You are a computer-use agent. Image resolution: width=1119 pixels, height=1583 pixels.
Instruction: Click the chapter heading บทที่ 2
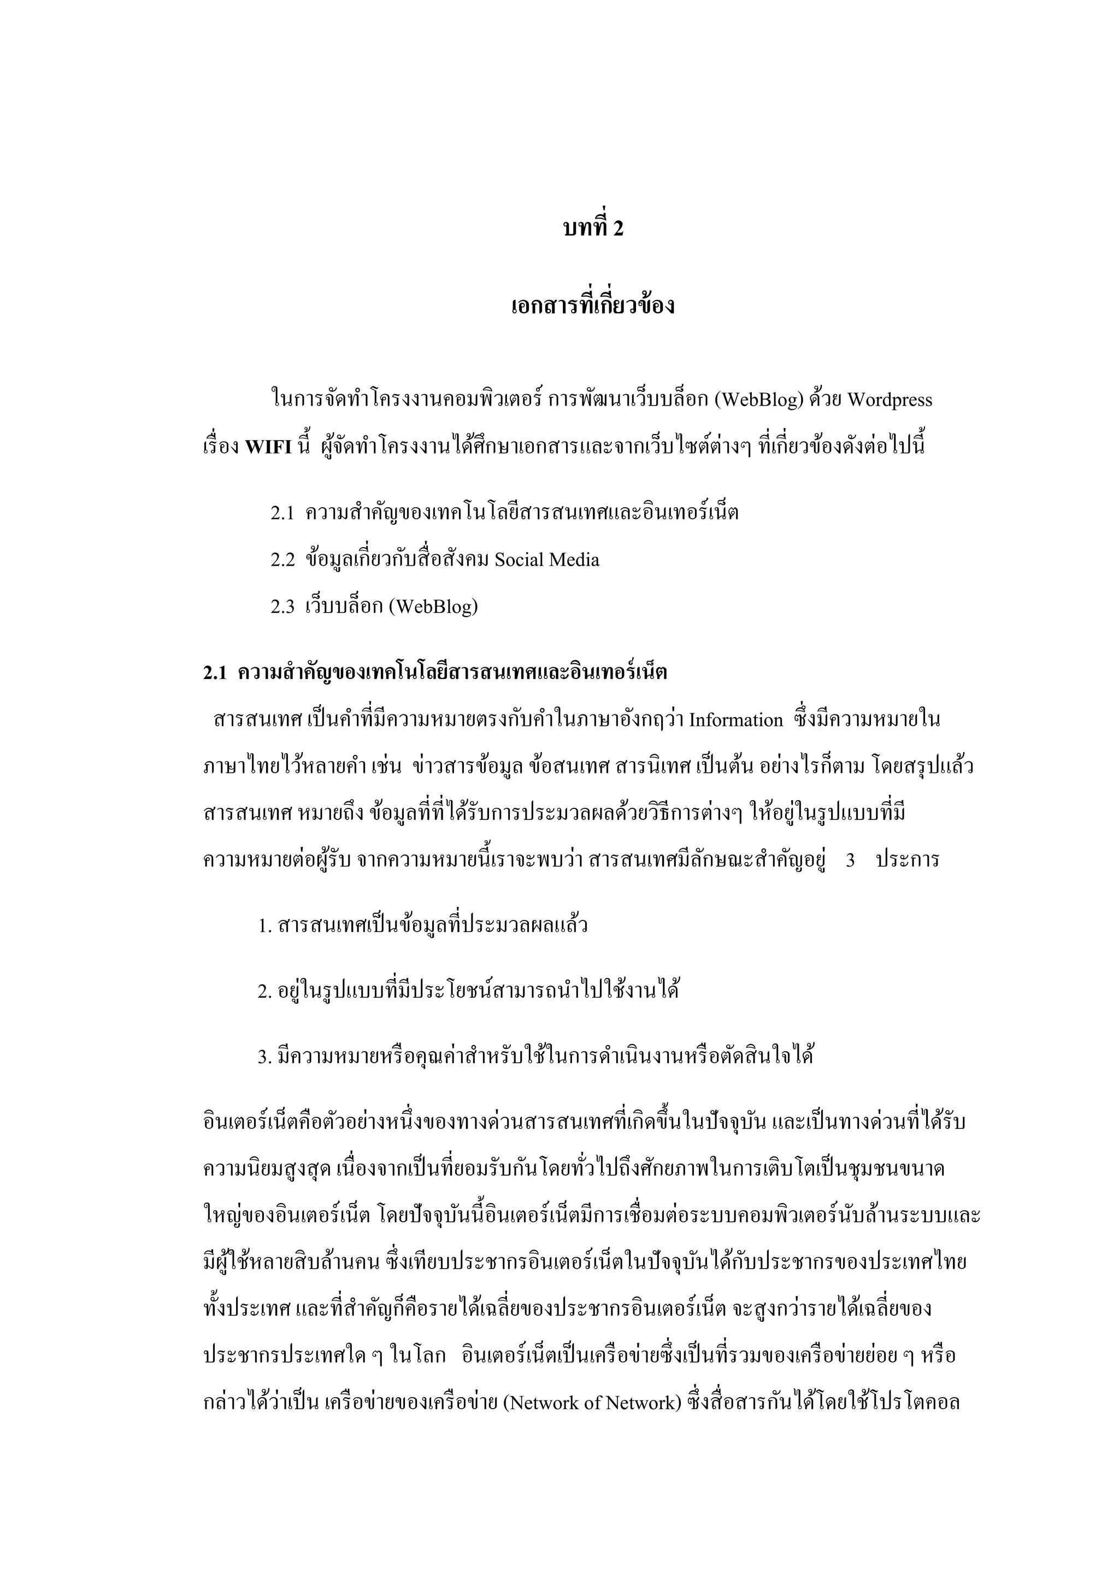(x=593, y=228)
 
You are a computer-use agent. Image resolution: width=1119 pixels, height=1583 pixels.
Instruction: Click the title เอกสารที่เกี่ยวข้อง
(x=593, y=306)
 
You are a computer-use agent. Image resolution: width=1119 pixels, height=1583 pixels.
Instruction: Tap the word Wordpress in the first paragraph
(x=889, y=400)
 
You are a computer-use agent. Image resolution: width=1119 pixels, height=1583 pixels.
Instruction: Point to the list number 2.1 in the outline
(x=282, y=513)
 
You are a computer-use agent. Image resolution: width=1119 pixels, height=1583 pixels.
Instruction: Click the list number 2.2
(x=282, y=560)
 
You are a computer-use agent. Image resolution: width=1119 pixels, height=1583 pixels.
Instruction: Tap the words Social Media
(x=548, y=560)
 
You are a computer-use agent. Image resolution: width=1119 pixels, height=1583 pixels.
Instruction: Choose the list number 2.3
(x=282, y=607)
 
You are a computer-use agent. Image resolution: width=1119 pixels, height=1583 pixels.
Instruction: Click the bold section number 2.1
(x=215, y=673)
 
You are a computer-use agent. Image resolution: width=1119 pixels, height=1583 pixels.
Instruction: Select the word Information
(x=736, y=720)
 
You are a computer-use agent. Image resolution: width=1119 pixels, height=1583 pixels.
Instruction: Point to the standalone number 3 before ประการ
(x=850, y=860)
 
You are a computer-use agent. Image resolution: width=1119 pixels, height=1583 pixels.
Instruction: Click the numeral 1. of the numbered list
(x=266, y=927)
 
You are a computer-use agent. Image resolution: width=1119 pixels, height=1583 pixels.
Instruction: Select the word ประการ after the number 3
(x=908, y=860)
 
